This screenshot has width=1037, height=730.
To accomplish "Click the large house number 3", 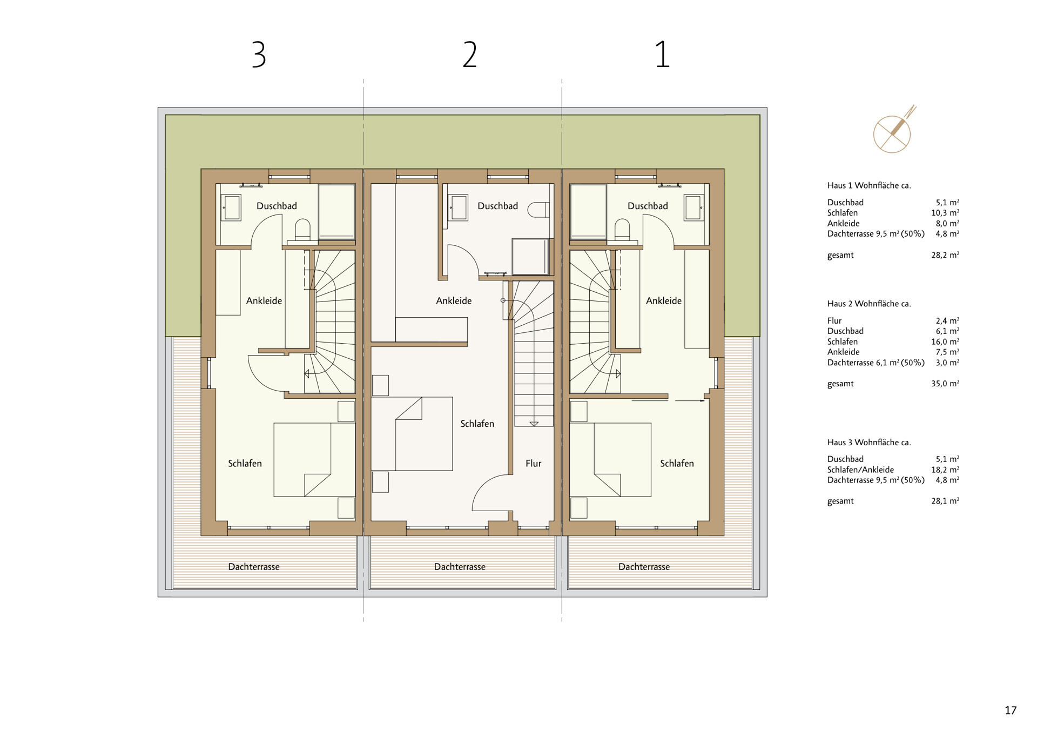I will (x=259, y=55).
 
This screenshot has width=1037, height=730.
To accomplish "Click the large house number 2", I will (x=470, y=55).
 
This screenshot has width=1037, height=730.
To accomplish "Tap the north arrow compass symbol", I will (x=892, y=132).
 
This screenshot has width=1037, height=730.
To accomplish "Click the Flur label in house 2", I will (x=533, y=463).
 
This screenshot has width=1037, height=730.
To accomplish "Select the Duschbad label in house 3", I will (x=277, y=206).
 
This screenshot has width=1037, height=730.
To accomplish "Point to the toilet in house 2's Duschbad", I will (x=538, y=210).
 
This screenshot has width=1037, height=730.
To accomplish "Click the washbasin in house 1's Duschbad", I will (x=693, y=207).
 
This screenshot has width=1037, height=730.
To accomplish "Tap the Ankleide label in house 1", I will (x=663, y=300).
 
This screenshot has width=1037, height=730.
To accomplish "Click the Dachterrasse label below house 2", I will (x=460, y=567).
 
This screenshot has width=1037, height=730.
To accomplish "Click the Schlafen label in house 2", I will (x=477, y=424).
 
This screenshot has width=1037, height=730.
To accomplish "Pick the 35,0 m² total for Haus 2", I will (x=945, y=384).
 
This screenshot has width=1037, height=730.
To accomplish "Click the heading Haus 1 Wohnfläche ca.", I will (x=868, y=185).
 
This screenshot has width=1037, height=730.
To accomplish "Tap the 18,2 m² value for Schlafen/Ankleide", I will (x=945, y=470).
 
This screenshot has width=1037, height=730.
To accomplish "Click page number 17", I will (x=1011, y=711).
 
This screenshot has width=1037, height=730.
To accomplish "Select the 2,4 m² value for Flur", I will (x=947, y=320).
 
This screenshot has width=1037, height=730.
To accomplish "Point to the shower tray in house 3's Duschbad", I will (x=336, y=211).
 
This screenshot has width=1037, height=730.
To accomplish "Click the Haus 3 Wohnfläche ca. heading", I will (x=868, y=442).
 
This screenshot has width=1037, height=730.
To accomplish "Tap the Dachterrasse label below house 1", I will (x=644, y=567).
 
